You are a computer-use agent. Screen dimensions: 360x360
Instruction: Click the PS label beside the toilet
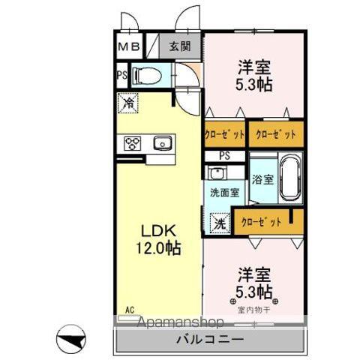pos(121,74)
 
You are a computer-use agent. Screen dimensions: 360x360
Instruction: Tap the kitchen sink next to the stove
pos(160,142)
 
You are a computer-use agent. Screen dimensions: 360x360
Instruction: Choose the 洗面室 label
pos(224,193)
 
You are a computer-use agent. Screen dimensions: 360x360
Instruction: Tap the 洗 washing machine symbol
pos(220,222)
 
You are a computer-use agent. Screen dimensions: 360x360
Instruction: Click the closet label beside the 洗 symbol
pos(262,222)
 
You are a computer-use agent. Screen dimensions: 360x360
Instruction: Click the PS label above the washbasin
pos(225,155)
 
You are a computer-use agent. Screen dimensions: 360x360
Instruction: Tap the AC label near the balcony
pos(129,308)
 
